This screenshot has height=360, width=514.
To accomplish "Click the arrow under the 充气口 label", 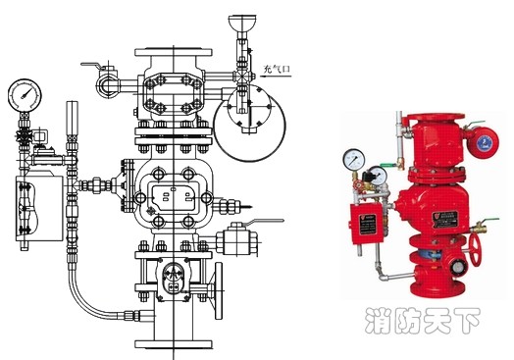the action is coord(276,77).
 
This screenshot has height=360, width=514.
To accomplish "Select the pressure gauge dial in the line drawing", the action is coord(25,95).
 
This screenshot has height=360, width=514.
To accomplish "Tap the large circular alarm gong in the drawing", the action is coord(249,124).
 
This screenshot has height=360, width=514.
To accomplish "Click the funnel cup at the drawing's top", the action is coord(242,23).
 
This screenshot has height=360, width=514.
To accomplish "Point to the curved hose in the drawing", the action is coord(86,304).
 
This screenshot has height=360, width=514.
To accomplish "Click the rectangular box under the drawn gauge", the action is coord(39,209).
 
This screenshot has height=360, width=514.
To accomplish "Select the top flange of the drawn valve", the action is coord(173,52).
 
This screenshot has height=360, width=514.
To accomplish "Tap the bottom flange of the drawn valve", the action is coord(174,344).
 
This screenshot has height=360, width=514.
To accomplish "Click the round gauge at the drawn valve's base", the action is coord(172,272).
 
